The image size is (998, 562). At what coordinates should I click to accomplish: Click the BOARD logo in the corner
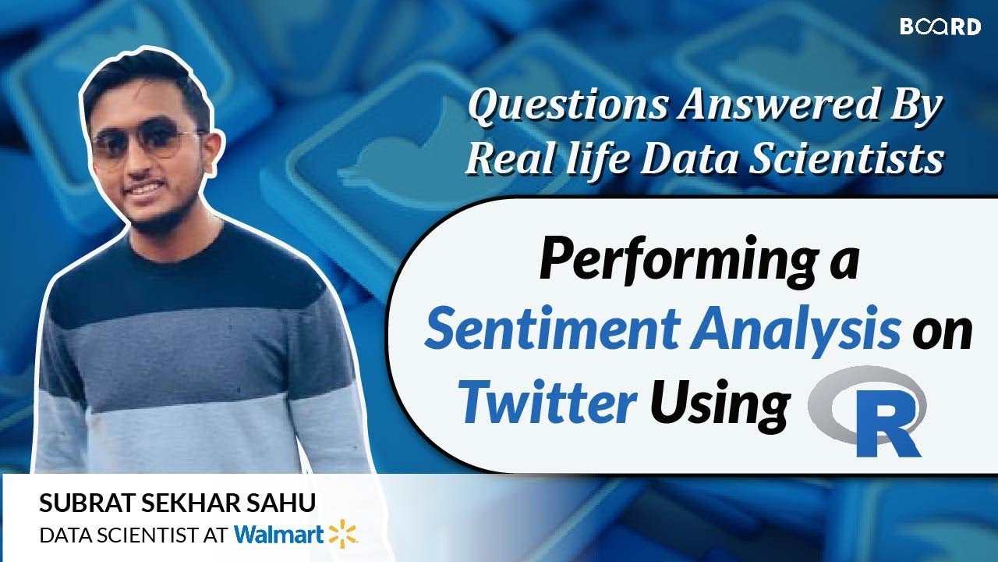tap(940, 27)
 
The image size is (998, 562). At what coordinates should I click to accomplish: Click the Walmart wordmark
tap(278, 535)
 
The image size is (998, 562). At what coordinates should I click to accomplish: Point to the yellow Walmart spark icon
tap(342, 534)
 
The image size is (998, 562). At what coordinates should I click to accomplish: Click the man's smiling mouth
tap(145, 190)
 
